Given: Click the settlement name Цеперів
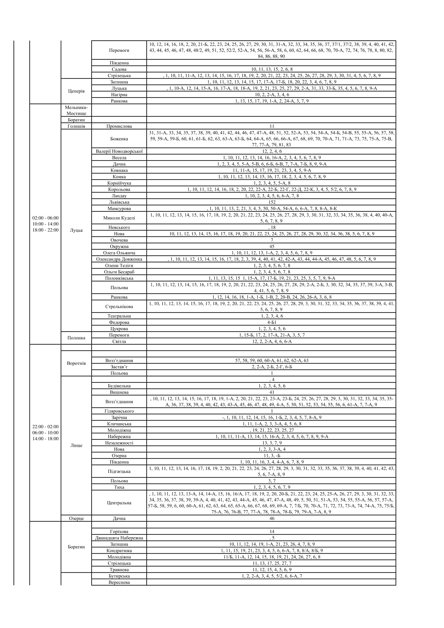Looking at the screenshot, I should (x=76, y=91).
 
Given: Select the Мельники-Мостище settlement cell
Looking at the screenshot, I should (x=76, y=110).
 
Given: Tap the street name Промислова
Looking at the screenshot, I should (x=119, y=126).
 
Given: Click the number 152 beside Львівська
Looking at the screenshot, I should (x=272, y=202).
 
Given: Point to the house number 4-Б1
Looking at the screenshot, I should (x=272, y=322).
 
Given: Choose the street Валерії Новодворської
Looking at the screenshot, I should (x=119, y=151).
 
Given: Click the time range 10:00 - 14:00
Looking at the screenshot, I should (x=45, y=224).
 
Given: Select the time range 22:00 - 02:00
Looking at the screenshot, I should (x=45, y=427).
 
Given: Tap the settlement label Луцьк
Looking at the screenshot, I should (x=76, y=230).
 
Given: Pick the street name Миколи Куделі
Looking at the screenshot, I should (x=119, y=218).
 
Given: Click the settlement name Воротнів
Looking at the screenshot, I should (x=76, y=363).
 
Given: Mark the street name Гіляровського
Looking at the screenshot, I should (x=119, y=411).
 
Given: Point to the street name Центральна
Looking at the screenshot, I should (x=119, y=503).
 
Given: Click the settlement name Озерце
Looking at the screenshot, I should (x=76, y=519).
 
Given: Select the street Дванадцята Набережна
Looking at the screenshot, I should (x=119, y=538).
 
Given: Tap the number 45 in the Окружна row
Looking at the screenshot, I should (x=272, y=246).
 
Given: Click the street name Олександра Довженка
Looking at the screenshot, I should (x=119, y=259).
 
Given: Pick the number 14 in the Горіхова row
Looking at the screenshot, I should (x=272, y=531).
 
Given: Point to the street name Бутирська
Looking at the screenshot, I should (x=119, y=576).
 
